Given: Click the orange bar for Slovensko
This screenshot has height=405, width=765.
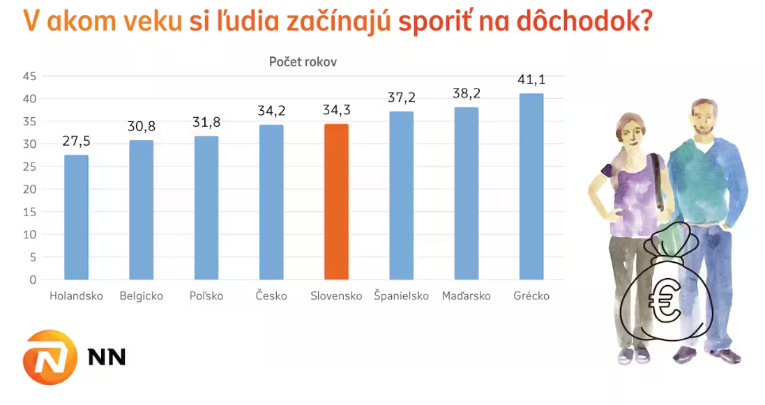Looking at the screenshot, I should point(336,202).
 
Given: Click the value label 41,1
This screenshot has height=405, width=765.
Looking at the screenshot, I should point(531,79).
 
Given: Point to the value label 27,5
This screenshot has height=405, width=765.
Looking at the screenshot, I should point(76,142).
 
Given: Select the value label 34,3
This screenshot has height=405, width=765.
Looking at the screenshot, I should point(336,110).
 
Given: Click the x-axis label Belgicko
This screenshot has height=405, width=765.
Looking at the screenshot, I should point(141,296).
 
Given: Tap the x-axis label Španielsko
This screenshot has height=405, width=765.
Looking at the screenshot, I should point(401,296).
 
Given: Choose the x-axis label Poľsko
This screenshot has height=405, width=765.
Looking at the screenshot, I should point(206,296).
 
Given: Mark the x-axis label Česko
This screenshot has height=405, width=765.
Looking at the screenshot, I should point(271,296).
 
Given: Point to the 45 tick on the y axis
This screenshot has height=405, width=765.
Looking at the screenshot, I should point(29,77).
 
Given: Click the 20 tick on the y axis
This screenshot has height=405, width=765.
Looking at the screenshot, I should point(29,190).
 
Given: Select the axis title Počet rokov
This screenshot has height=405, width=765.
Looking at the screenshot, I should point(303,61).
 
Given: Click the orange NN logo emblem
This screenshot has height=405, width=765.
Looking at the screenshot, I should point(50,358).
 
